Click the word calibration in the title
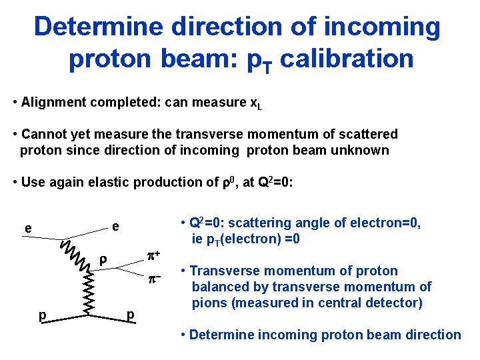click(347, 59)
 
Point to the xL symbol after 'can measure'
click(255, 103)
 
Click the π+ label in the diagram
click(154, 255)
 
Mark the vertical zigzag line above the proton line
click(89, 293)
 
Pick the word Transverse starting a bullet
click(226, 271)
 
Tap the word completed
click(119, 103)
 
